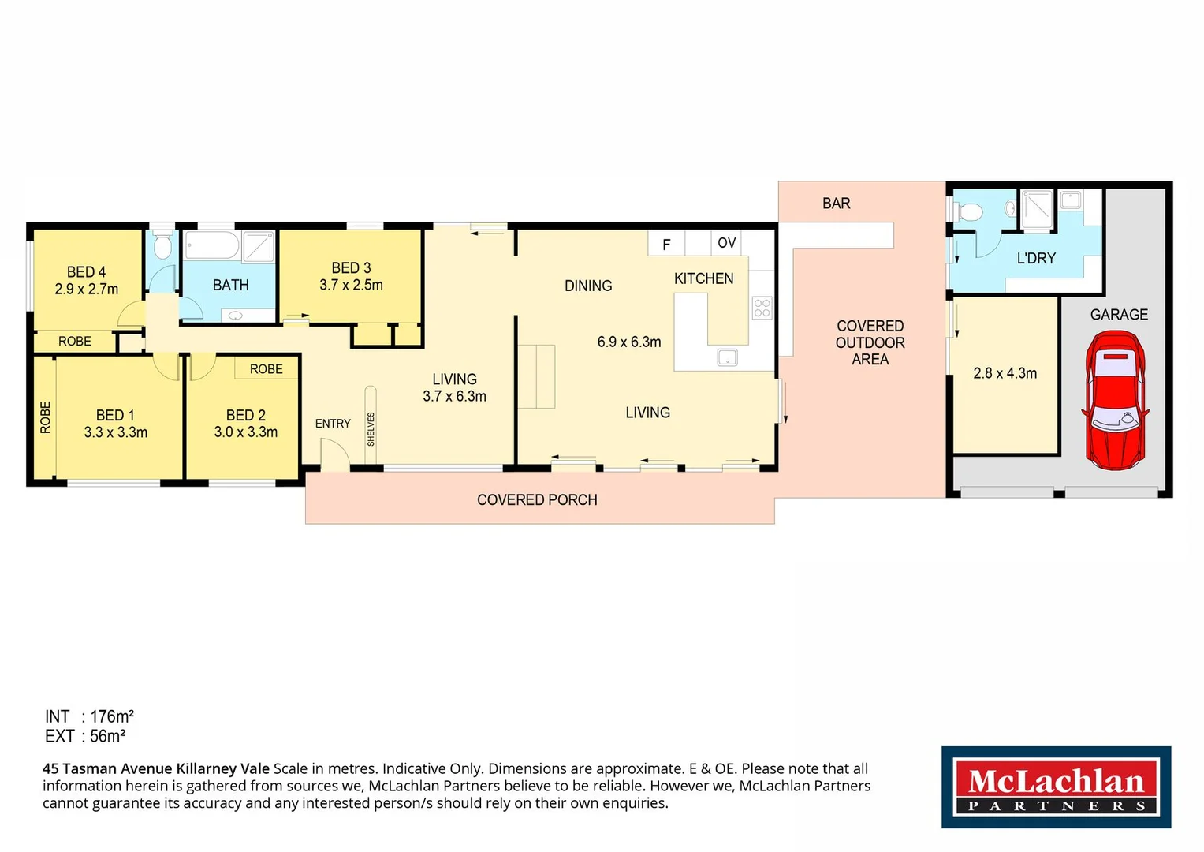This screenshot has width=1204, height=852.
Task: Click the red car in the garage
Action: [x=1117, y=400]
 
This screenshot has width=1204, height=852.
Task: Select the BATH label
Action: [x=230, y=285]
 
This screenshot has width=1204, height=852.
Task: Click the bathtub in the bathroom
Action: [x=211, y=245]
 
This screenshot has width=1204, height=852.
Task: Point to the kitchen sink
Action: [x=727, y=357]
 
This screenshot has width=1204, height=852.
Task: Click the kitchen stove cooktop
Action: [x=762, y=308]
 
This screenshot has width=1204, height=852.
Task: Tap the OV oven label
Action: [x=726, y=243]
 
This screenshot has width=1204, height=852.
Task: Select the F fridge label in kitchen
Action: [x=666, y=245]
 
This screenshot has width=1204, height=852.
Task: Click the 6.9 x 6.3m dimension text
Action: [x=628, y=342]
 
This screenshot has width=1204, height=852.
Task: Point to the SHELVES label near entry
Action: [x=371, y=428]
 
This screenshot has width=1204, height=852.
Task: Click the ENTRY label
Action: [x=333, y=424]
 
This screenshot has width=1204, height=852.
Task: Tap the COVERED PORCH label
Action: [x=537, y=499]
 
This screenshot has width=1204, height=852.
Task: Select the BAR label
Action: [x=836, y=204]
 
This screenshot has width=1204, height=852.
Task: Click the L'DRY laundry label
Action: [x=1035, y=258]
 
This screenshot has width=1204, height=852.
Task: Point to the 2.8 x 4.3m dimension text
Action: [x=1005, y=373]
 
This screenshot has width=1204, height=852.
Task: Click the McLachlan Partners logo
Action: [x=1056, y=787]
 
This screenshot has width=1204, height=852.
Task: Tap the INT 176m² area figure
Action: [x=89, y=716]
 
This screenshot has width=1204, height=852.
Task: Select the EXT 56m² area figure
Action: [x=85, y=736]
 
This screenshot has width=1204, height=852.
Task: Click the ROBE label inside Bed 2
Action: [x=266, y=368]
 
